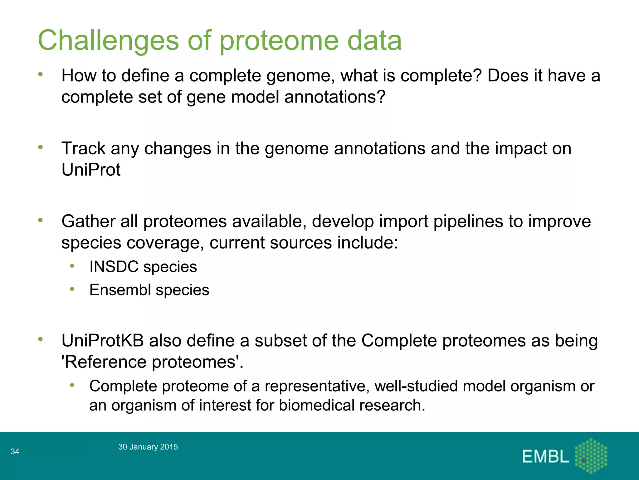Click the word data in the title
[374, 41]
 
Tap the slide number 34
[15, 451]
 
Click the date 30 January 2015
[148, 447]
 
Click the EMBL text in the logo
[545, 457]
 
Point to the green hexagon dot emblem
[591, 456]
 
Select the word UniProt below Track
[91, 170]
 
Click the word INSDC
[114, 267]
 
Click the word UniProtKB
[103, 341]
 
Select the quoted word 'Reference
[104, 362]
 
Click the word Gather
[88, 221]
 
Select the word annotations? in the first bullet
[335, 97]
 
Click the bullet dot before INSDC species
[72, 266]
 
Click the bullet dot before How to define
[40, 74]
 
